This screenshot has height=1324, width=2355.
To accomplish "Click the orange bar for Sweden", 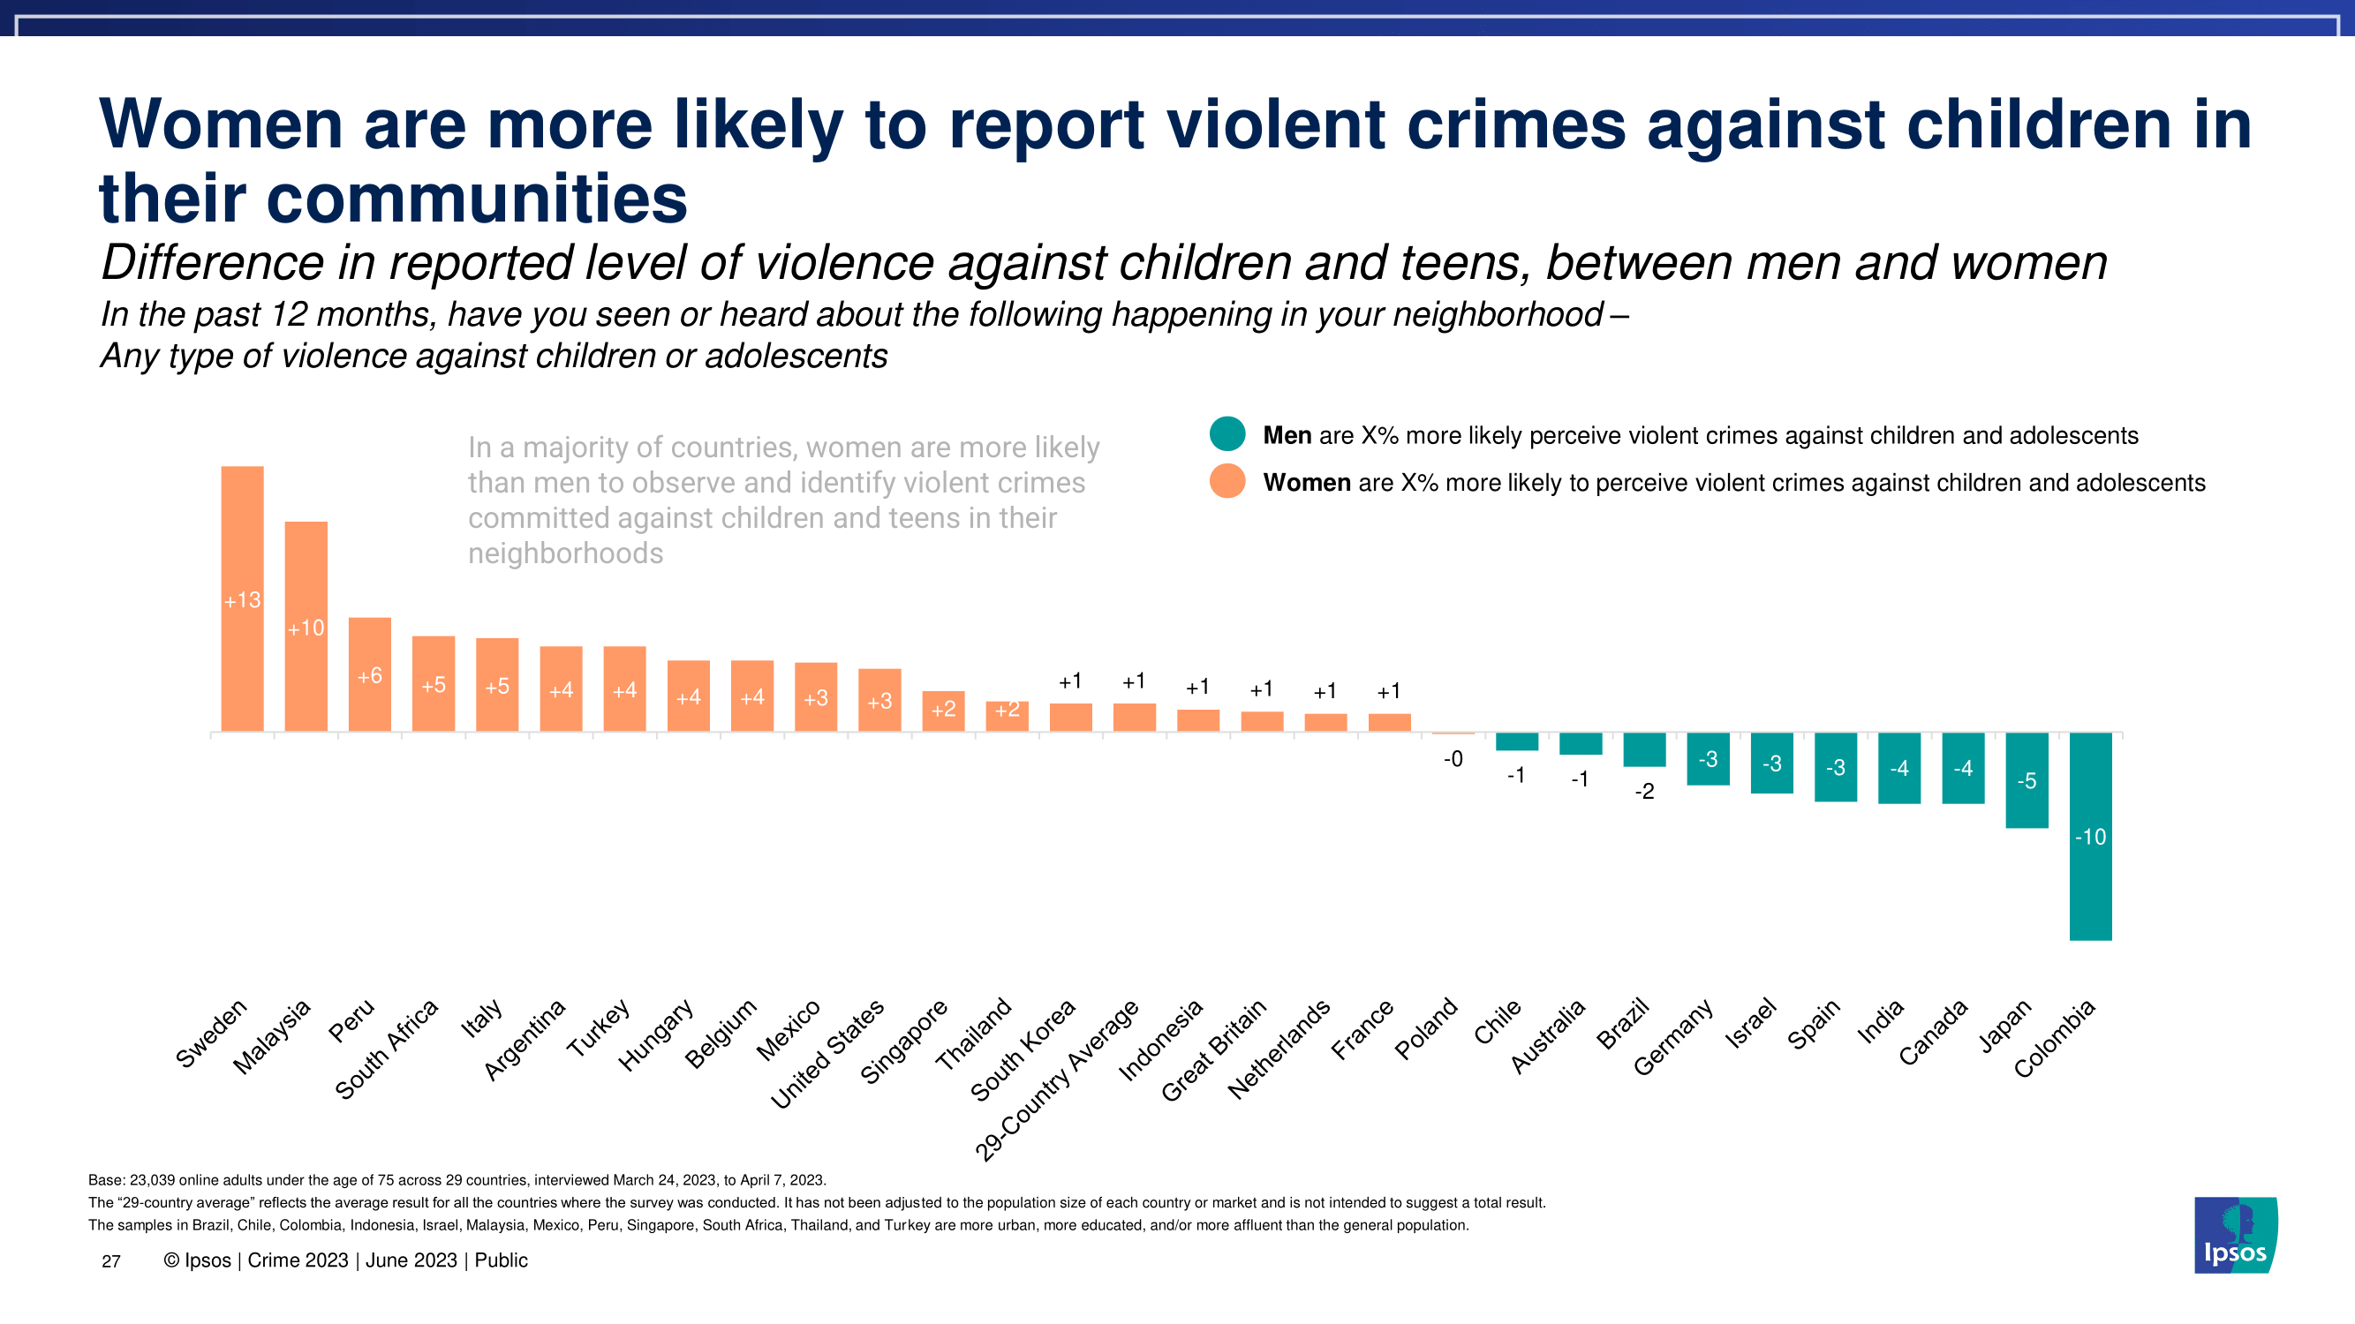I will pos(242,598).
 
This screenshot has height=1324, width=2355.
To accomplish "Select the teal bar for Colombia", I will pos(2090,836).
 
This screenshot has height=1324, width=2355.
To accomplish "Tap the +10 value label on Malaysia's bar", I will pos(306,628).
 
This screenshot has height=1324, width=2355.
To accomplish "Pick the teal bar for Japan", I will pos(2026,780).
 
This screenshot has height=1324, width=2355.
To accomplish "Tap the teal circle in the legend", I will pos(1227,434).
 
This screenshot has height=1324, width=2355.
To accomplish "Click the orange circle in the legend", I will pos(1227,482).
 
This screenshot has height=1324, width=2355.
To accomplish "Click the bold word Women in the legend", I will pos(1306,483).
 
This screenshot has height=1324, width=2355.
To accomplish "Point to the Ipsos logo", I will pos(2235,1236).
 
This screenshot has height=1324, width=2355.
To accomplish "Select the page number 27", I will pos(110,1262).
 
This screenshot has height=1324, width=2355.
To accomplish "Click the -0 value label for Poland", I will pos(1453,759).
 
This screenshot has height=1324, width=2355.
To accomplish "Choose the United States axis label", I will pos(827,1054).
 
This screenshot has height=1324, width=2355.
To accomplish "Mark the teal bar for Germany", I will pos(1708,759).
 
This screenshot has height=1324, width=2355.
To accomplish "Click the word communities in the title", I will pos(476,199).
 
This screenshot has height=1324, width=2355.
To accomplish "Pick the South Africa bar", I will pos(434,683).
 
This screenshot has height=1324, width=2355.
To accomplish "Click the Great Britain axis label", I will pos(1214,1049).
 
